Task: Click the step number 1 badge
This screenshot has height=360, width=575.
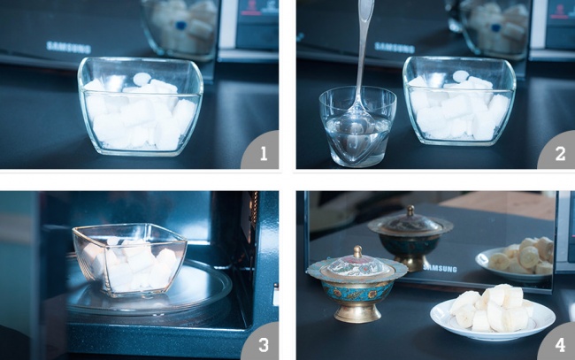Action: (262, 152)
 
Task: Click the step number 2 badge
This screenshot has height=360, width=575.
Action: (558, 152)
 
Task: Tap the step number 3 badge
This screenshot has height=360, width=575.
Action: (262, 343)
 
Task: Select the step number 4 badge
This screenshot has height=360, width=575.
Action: (558, 343)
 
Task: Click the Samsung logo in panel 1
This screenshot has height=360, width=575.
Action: (69, 47)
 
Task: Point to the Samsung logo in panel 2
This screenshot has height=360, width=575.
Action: (395, 47)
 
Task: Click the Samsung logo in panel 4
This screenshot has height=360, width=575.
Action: (440, 268)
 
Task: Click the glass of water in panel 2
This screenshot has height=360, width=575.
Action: (357, 127)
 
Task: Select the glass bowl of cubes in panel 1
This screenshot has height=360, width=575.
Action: (140, 106)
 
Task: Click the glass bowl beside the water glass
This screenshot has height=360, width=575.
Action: (459, 101)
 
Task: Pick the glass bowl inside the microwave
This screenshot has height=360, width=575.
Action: (130, 259)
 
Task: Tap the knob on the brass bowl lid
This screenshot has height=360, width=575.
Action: (357, 251)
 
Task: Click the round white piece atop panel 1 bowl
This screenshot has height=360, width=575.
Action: (142, 78)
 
